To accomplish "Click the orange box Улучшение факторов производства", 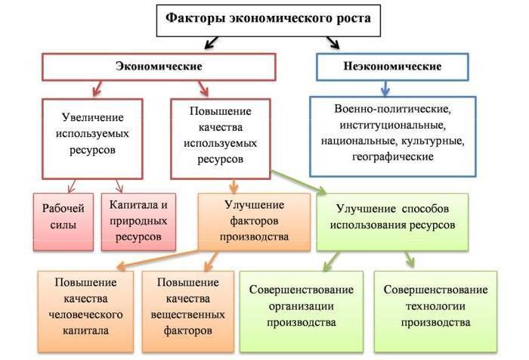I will [x=254, y=220].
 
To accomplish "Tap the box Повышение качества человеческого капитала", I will [x=87, y=306].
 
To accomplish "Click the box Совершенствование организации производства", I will [x=302, y=306].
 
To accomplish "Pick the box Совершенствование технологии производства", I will [x=436, y=306].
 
